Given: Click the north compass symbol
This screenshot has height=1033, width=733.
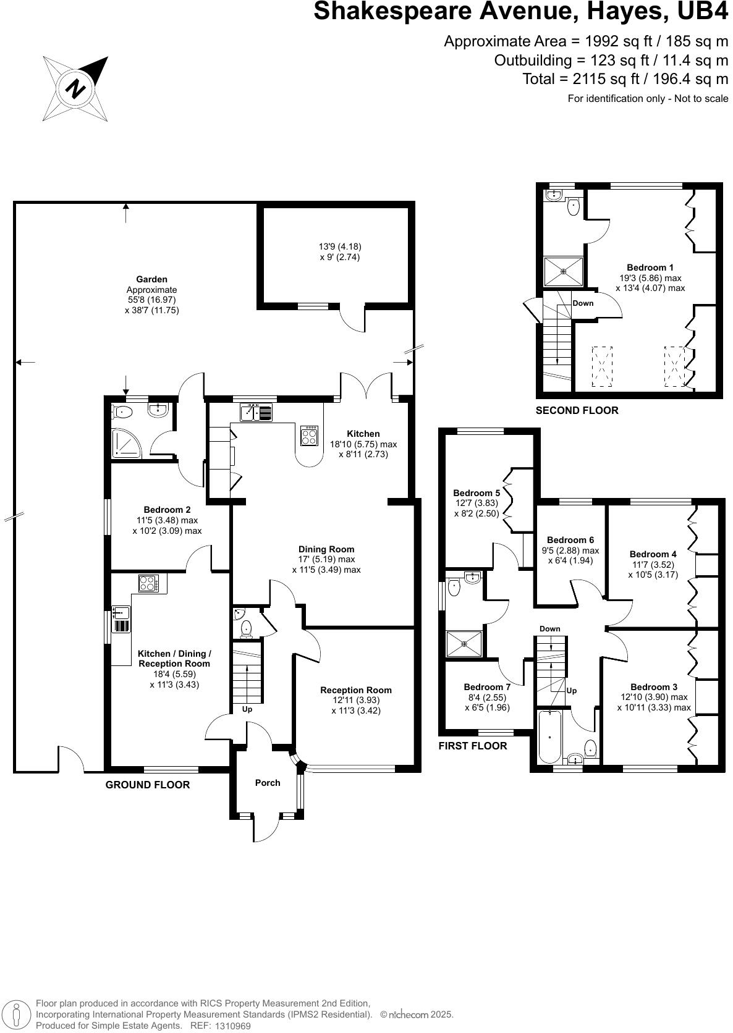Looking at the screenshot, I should click(75, 88).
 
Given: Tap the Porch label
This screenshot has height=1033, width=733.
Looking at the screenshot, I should click(268, 783).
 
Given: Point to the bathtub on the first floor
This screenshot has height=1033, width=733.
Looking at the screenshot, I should click(549, 738).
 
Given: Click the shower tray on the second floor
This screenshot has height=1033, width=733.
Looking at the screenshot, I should click(563, 271).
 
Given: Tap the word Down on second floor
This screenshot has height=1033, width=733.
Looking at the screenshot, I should click(583, 303).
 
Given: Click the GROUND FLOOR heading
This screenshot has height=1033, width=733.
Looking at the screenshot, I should click(147, 785).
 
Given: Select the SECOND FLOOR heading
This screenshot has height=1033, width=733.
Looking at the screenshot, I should click(576, 410).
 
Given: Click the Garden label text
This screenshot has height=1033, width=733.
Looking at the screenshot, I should click(151, 279).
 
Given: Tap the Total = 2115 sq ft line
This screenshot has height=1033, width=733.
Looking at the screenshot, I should click(625, 79).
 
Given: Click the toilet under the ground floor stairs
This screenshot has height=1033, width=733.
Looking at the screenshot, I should click(247, 630).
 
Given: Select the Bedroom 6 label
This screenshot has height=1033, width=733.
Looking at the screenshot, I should click(570, 540).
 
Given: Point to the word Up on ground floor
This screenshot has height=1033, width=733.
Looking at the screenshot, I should click(247, 709).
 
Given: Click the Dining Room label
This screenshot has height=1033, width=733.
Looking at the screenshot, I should click(326, 549).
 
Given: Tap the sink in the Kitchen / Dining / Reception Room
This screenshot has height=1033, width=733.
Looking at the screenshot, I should click(121, 613).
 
